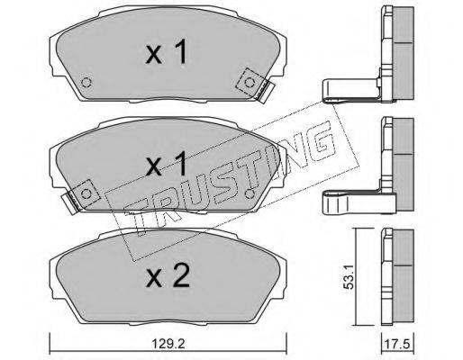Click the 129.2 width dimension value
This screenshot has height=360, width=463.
click(168, 344)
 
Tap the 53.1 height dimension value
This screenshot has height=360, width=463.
click(349, 277)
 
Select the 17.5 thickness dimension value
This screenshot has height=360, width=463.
click(398, 344)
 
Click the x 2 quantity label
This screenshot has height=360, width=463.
click(168, 275)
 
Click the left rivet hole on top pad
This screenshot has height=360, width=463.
click(86, 83)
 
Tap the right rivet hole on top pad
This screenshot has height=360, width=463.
click(249, 83)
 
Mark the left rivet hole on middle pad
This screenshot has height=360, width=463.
click(86, 194)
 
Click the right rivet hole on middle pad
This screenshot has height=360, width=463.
click(249, 194)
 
